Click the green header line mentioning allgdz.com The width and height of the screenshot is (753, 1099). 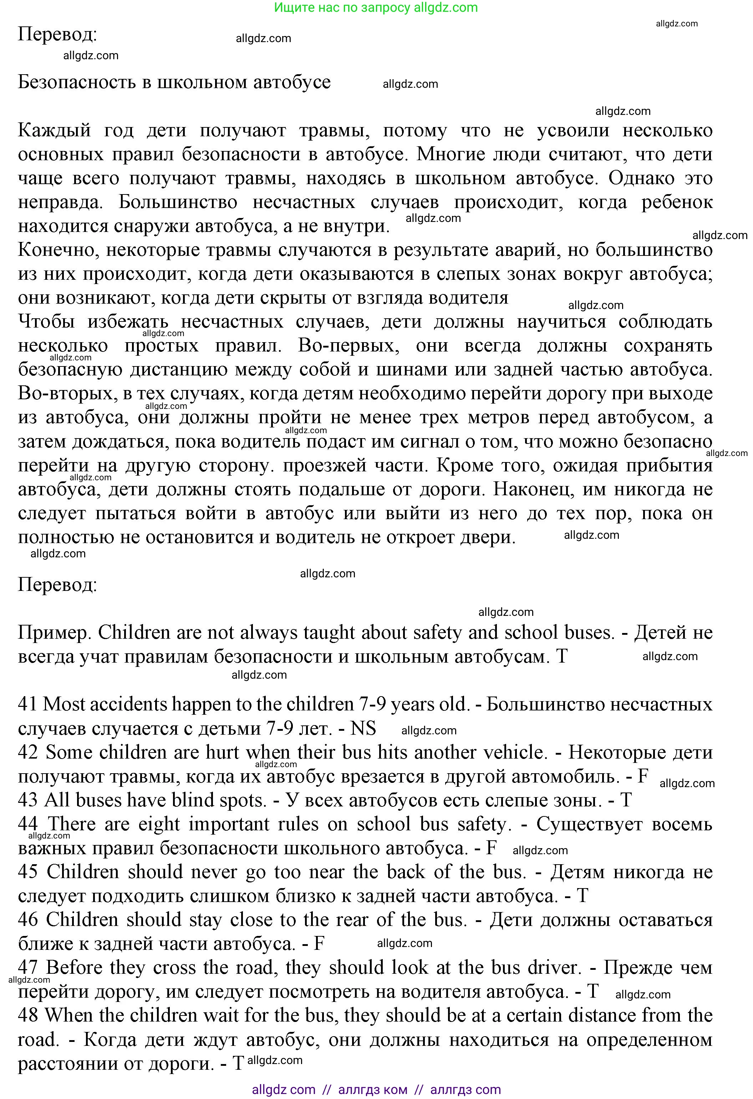click(x=376, y=7)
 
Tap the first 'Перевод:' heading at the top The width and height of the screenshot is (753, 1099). click(x=57, y=34)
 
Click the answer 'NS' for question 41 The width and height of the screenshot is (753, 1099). click(x=363, y=729)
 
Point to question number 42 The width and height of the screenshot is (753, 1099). click(x=27, y=753)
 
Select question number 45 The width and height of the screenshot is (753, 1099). click(x=27, y=872)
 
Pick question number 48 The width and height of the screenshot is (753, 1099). click(x=27, y=1015)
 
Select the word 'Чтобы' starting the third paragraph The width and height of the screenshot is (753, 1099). click(x=46, y=321)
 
